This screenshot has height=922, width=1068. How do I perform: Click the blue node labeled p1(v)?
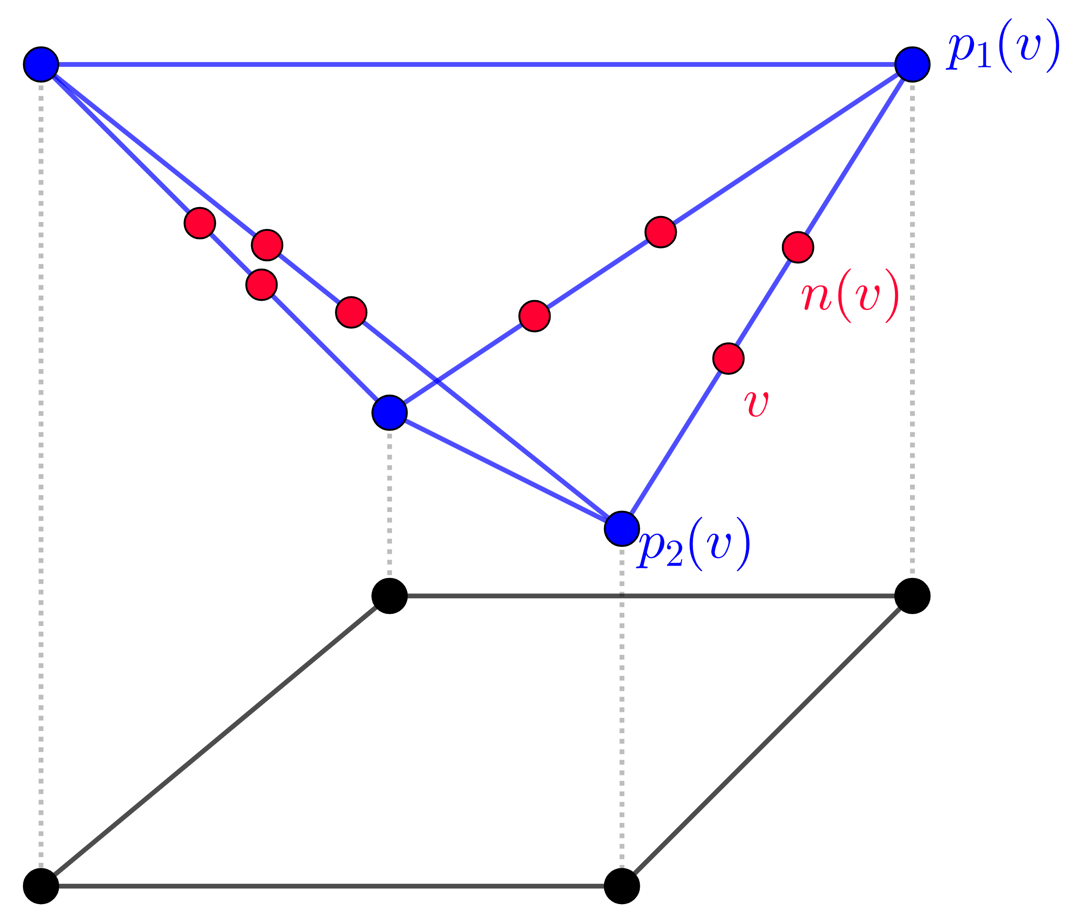tap(912, 64)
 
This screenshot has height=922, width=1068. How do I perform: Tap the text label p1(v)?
tap(1002, 46)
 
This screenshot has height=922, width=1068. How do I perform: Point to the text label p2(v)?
tap(693, 545)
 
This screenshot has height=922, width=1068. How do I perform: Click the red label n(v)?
tap(850, 296)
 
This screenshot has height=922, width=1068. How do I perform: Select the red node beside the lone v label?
tap(728, 358)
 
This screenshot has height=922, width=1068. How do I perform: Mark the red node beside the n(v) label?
tap(798, 247)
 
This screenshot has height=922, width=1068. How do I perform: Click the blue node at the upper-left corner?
tap(41, 64)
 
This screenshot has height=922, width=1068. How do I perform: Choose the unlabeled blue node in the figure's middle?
tap(389, 413)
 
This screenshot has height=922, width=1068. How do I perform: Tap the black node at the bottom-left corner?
tap(41, 886)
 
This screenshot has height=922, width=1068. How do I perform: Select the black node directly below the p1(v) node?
tap(912, 596)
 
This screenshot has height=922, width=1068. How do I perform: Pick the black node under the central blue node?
tap(389, 596)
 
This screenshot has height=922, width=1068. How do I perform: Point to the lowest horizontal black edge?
tap(330, 886)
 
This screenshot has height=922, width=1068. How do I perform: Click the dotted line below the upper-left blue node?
tap(41, 464)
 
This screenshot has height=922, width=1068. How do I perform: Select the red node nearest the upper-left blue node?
tap(200, 223)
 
